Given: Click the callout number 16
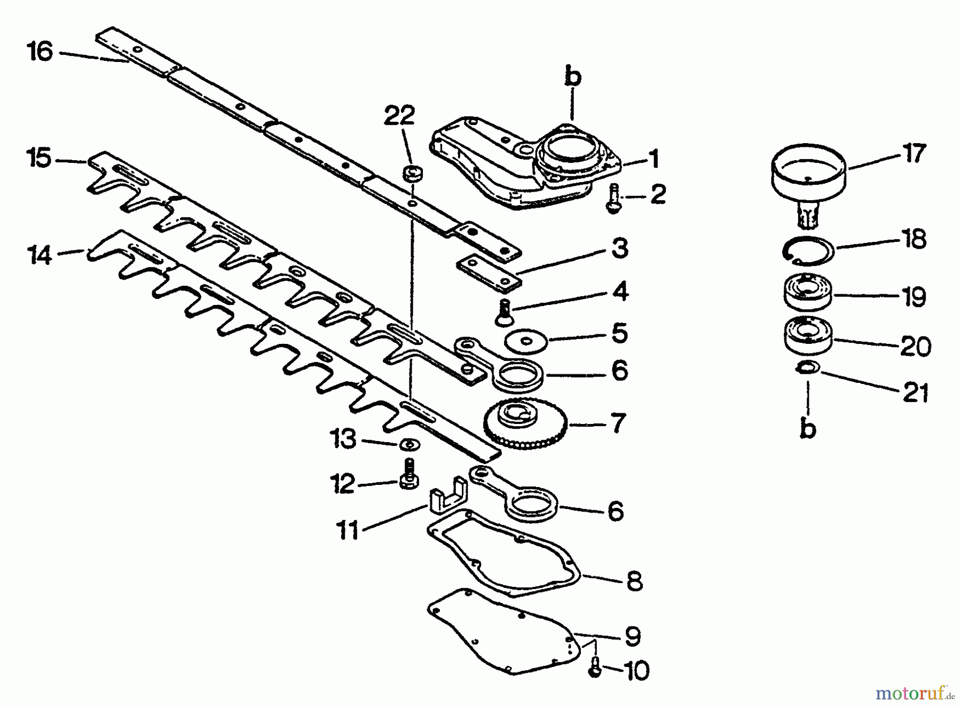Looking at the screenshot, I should click(x=41, y=52).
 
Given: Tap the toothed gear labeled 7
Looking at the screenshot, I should click(x=523, y=425).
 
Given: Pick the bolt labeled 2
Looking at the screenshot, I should click(x=613, y=199).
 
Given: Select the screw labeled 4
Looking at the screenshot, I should click(x=502, y=312).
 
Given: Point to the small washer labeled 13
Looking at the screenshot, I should click(x=409, y=444).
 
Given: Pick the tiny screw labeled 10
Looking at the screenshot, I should click(x=596, y=667).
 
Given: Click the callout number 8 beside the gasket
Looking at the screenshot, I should click(x=634, y=582).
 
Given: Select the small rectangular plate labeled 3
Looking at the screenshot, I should click(x=489, y=273).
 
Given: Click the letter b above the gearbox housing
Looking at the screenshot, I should click(x=572, y=76).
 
